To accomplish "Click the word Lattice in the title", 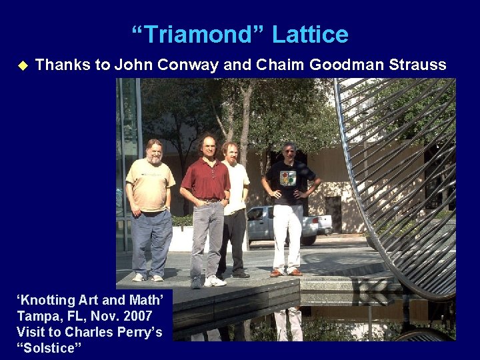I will [312, 35].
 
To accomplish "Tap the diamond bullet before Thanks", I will [21, 65].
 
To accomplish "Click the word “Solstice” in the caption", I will [47, 347].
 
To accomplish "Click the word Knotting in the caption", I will [48, 300].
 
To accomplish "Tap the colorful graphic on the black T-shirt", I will [287, 178].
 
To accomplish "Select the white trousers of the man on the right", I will [287, 233].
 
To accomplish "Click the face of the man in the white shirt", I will [230, 153].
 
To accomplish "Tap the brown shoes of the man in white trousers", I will [285, 273].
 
